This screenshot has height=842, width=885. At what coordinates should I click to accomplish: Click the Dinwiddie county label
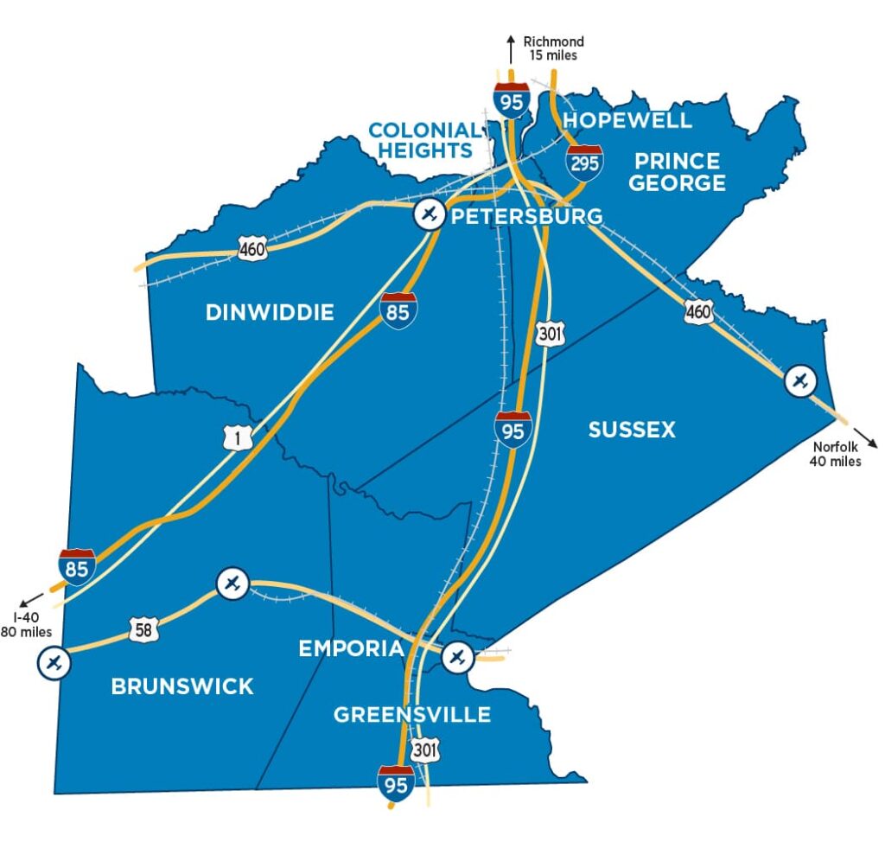tap(270, 312)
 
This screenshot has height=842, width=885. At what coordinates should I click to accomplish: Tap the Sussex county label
tap(632, 430)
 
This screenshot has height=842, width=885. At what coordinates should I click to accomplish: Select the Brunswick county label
tap(182, 686)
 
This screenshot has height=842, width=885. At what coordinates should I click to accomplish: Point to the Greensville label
tap(412, 715)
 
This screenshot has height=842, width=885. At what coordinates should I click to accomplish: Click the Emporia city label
tap(351, 648)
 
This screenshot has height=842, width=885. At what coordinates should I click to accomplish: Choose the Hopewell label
tap(627, 120)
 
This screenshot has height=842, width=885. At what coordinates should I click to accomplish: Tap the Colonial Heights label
tap(423, 140)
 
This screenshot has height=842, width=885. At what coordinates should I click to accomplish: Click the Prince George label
tap(677, 172)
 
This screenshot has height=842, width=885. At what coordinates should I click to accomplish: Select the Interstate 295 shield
tap(584, 163)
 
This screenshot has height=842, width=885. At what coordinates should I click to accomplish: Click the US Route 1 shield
tap(239, 439)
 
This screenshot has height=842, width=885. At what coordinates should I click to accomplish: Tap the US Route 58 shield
tap(143, 629)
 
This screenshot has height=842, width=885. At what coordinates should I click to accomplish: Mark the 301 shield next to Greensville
tap(425, 749)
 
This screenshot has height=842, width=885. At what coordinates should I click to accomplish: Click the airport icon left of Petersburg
tap(429, 214)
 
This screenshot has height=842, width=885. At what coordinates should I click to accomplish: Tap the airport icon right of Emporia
tap(457, 658)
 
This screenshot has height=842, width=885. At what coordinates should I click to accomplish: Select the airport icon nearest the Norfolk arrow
tap(800, 380)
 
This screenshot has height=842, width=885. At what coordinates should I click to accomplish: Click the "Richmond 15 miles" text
tap(554, 48)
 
